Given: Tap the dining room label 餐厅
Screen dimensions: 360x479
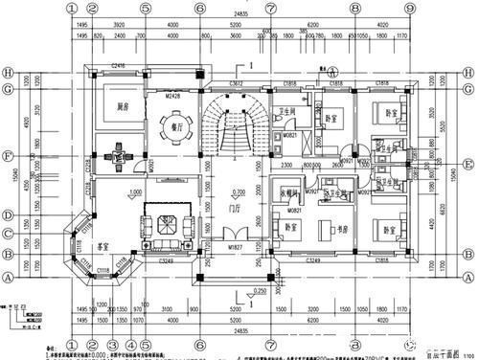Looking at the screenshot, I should (x=175, y=123).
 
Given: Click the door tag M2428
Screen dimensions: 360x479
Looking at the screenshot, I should (x=173, y=96).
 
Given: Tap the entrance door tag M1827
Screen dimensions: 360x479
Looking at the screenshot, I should (x=236, y=246).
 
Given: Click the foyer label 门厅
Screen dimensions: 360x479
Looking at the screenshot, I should (x=235, y=209).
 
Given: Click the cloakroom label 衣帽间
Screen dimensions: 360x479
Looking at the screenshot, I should (x=290, y=192).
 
